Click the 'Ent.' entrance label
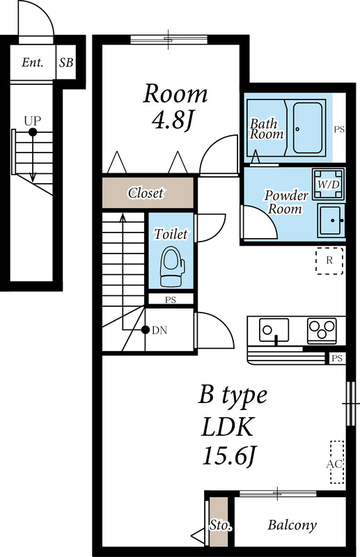(x=33, y=63)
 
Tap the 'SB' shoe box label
(x=66, y=63)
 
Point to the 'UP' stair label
(x=31, y=120)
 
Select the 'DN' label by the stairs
(x=159, y=330)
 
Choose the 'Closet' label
(x=146, y=193)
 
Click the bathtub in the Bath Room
(x=307, y=128)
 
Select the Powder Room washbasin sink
(x=331, y=221)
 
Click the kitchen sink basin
(x=274, y=329)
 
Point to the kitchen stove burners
(x=322, y=329)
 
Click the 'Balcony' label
(x=292, y=526)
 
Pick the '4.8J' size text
(x=171, y=120)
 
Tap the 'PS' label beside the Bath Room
(x=339, y=130)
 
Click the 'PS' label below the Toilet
(x=170, y=300)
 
